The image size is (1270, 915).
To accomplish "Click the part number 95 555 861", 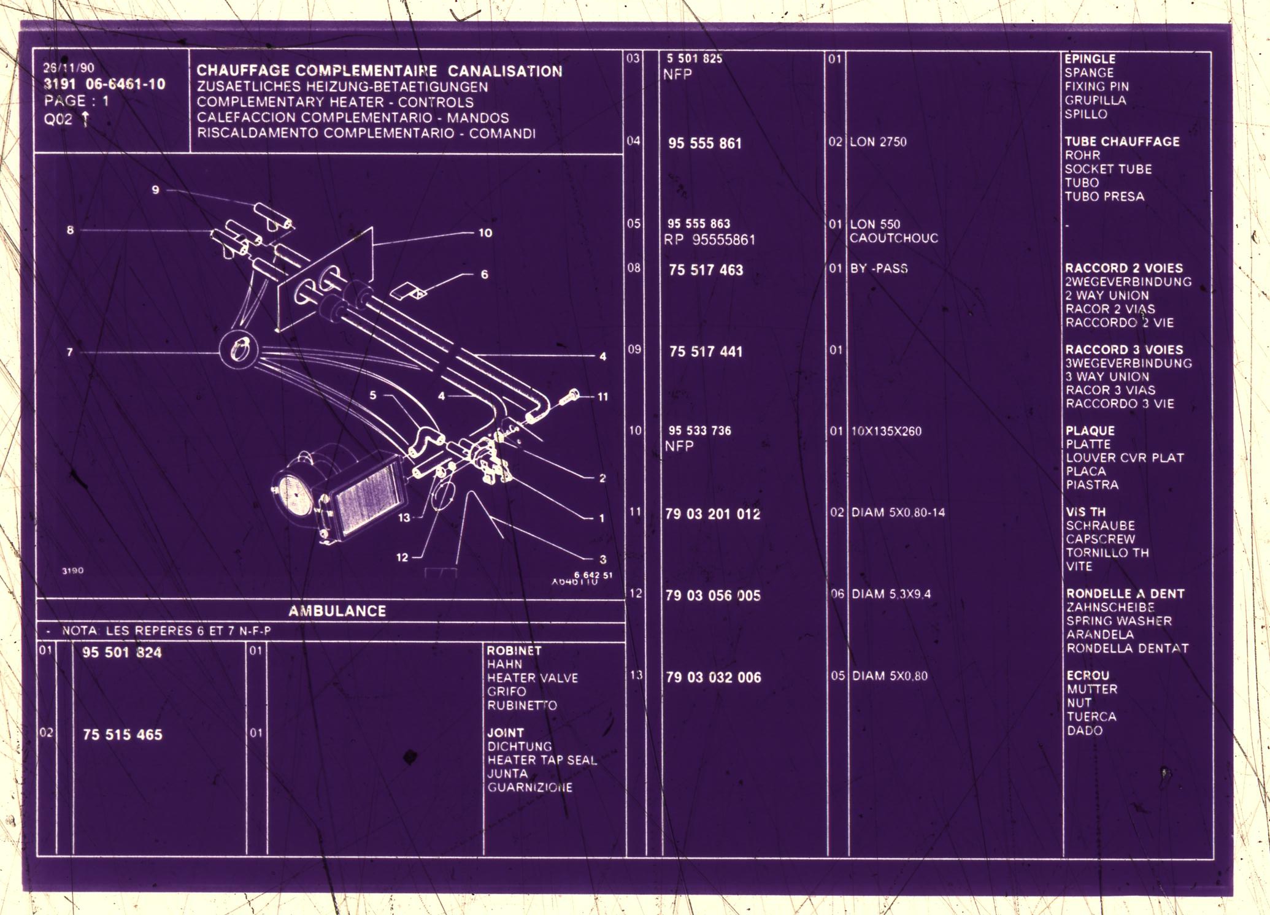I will [x=704, y=144].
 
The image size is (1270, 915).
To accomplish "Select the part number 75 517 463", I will [x=706, y=270].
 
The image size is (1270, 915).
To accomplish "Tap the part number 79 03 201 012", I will [x=712, y=514].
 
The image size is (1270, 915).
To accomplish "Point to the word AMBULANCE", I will [x=337, y=611].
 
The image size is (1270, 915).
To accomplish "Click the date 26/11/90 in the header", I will [x=69, y=68].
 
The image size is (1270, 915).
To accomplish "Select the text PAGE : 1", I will [x=76, y=101].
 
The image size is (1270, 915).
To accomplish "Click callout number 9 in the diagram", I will [x=155, y=190].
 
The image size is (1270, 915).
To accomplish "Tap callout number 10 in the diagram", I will [x=485, y=233].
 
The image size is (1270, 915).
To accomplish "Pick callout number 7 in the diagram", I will [x=70, y=352].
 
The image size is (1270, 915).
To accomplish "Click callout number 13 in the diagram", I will [x=404, y=518].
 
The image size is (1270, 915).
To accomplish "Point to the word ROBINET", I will [x=514, y=651].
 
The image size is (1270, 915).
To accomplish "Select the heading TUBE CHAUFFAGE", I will [x=1122, y=142].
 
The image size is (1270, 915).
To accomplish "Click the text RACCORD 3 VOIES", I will [x=1124, y=350].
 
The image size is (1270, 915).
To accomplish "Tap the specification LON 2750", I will [x=878, y=142].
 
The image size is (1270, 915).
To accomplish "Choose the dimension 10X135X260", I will [x=886, y=431].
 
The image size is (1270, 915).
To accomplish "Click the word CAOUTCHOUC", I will [x=893, y=238].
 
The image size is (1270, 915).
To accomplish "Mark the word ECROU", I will [x=1088, y=675].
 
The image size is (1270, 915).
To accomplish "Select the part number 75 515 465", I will [x=123, y=735].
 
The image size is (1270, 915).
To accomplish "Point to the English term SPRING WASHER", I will [x=1118, y=621].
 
